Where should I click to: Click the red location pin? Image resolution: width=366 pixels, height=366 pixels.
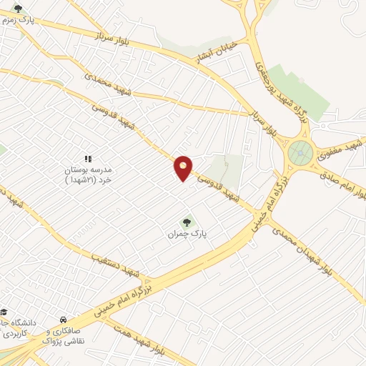coord(184,168)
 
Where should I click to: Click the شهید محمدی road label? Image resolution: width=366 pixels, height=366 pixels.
coord(103,82)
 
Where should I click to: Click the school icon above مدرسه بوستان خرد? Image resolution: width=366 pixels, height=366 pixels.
coord(88,159)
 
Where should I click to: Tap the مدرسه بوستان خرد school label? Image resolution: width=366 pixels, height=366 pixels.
coord(88,176)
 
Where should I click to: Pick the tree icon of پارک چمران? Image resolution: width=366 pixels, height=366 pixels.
coord(187,222)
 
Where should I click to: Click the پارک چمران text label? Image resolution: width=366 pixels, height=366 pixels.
coord(182,234)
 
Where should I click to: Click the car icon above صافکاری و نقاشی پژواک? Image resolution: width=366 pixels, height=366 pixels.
coord(64,320)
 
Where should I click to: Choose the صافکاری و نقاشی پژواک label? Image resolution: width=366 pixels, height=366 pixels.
coord(64,337)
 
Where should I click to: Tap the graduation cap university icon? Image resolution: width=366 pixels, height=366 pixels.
coord(4,312)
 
